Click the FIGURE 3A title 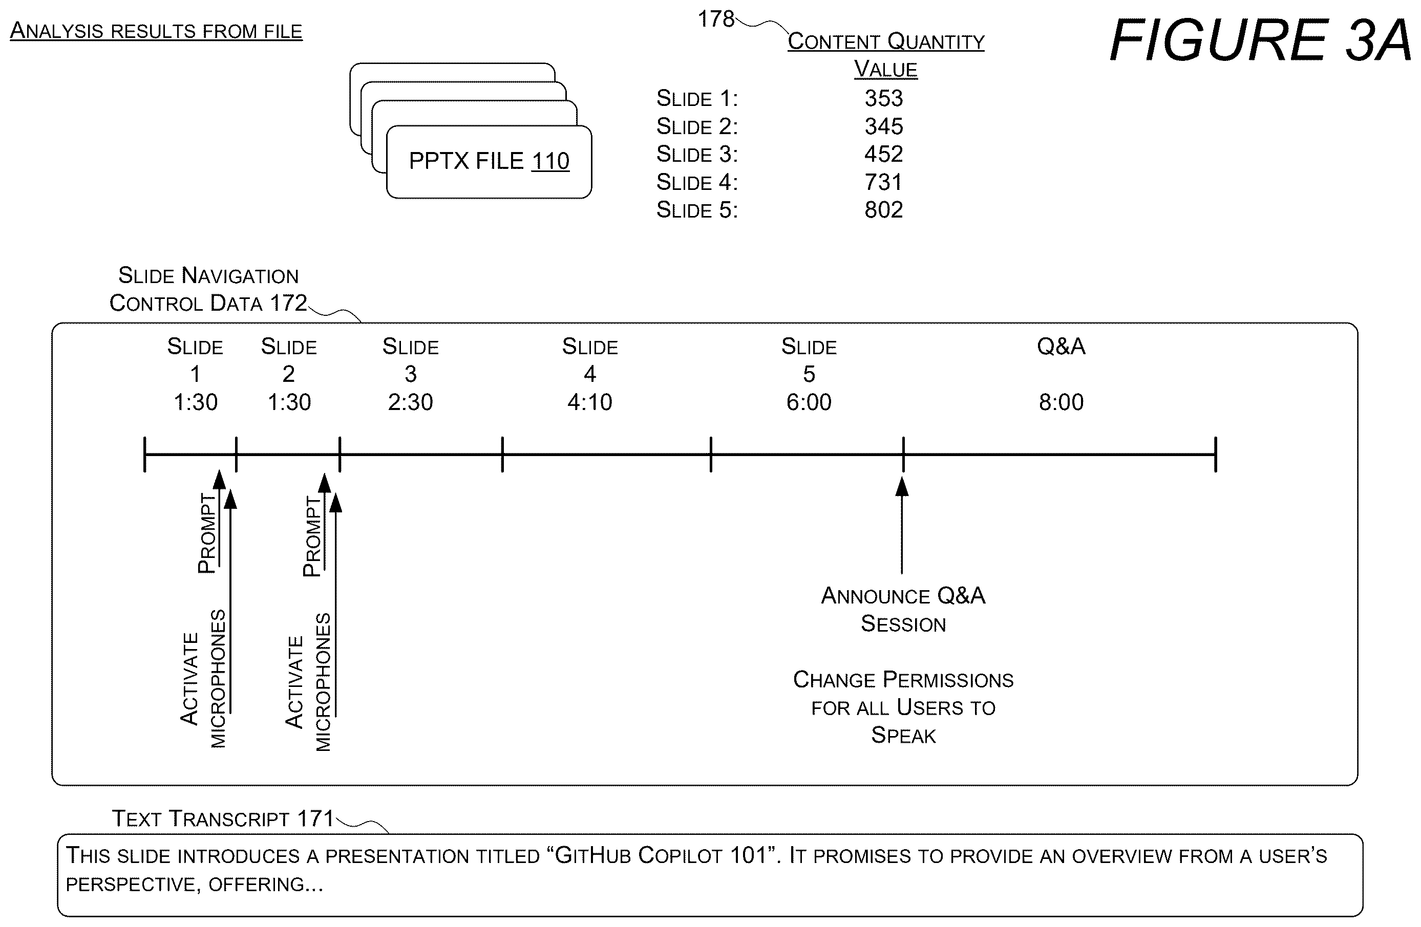(x=1260, y=40)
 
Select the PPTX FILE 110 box (x=489, y=162)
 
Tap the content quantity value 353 (x=884, y=98)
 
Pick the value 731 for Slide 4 (x=884, y=182)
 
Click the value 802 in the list (x=884, y=210)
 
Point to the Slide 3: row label (x=697, y=155)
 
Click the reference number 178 (x=716, y=19)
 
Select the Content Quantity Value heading (x=886, y=55)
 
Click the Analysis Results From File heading (x=156, y=30)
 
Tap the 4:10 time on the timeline (x=590, y=402)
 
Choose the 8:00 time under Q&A (x=1061, y=402)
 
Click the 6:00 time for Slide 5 (x=809, y=402)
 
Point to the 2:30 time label (x=411, y=402)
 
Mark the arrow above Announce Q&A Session (x=902, y=525)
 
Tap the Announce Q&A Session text (x=903, y=610)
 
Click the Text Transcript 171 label (x=223, y=819)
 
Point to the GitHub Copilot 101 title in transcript (x=661, y=856)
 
